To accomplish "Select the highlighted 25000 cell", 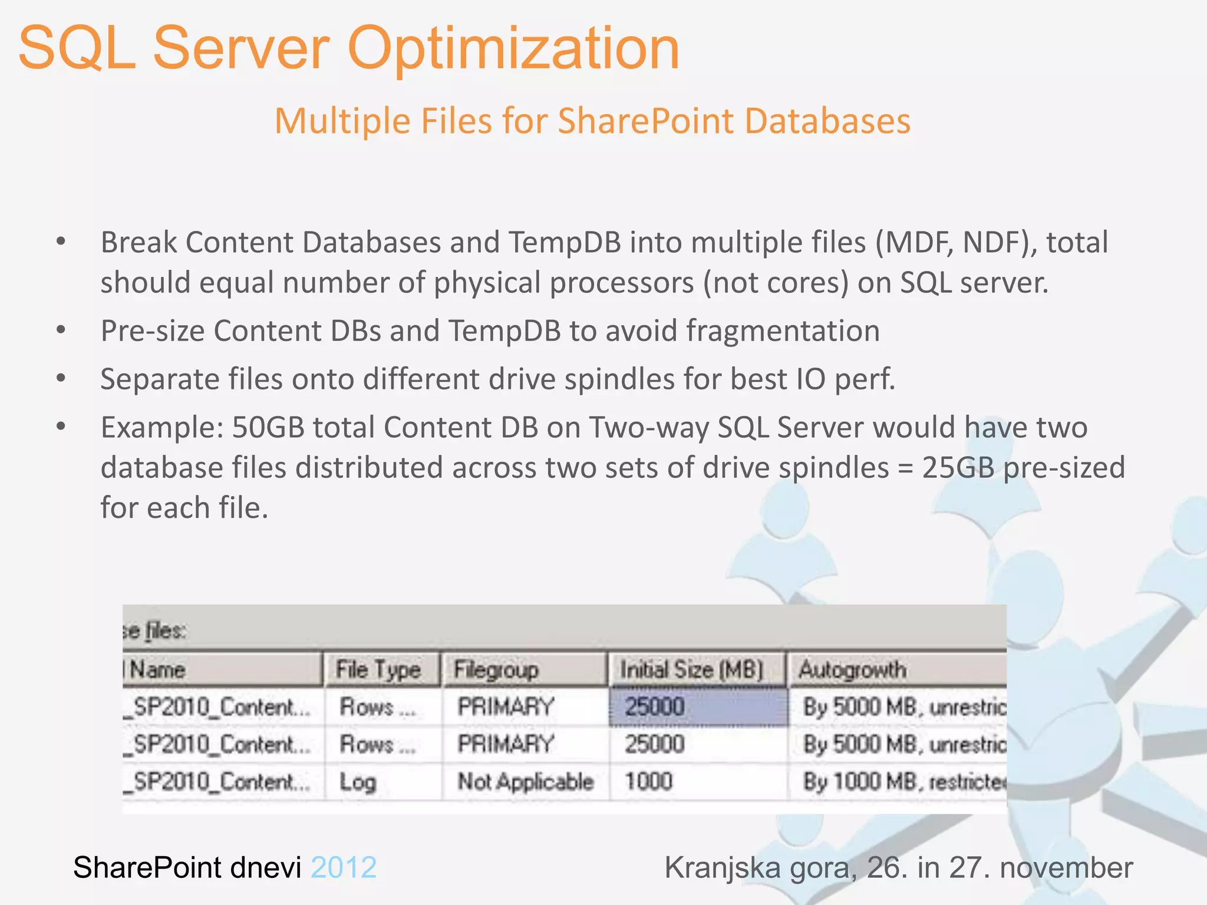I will click(x=697, y=706).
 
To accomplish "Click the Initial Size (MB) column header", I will click(x=691, y=670).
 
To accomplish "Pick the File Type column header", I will click(x=378, y=670).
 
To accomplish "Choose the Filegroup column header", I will click(x=496, y=670).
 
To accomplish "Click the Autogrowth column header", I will click(x=852, y=670).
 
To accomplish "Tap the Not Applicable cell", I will click(x=525, y=782).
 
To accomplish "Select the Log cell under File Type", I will click(x=358, y=782).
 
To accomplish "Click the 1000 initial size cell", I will click(x=648, y=782).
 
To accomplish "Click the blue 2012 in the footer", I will click(x=344, y=868).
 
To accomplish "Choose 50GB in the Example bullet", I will click(x=268, y=427).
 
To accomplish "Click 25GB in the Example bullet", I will click(x=958, y=468).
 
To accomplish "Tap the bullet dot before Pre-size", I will click(x=61, y=331).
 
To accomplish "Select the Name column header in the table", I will click(x=157, y=670).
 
